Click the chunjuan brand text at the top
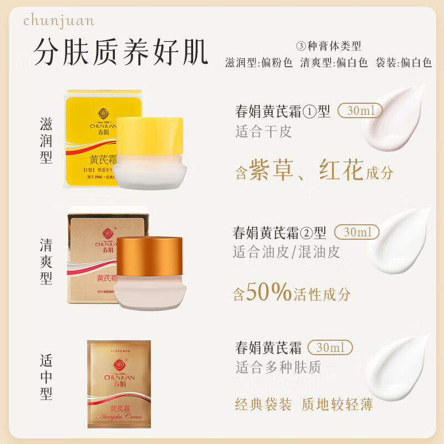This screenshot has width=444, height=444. (x=58, y=21)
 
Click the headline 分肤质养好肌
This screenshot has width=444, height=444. (x=121, y=53)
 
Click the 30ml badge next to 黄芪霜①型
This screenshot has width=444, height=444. (x=360, y=110)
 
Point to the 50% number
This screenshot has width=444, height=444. (x=269, y=292)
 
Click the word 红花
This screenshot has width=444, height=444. (x=341, y=170)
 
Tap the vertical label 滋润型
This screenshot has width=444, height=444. (x=46, y=140)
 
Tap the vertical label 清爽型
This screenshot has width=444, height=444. (x=46, y=261)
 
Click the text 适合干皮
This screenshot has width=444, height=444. (x=263, y=132)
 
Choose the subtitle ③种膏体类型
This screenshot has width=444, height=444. (x=330, y=46)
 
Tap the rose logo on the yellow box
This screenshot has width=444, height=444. (x=88, y=112)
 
